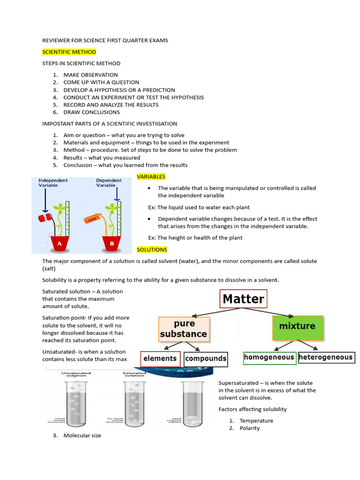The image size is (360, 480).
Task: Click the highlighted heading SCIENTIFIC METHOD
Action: (x=69, y=52)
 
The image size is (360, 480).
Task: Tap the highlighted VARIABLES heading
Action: (x=150, y=177)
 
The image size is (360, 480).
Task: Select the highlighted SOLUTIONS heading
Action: (x=151, y=249)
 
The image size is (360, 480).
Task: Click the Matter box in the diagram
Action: (x=243, y=299)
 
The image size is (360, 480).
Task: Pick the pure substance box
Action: (x=183, y=330)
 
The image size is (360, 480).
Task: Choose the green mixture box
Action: (x=297, y=326)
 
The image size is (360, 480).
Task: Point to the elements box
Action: (x=160, y=359)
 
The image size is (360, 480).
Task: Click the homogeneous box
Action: (x=269, y=358)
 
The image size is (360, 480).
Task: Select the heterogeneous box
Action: (x=326, y=358)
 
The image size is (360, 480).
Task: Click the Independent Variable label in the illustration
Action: (x=53, y=183)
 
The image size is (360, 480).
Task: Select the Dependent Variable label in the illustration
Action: (x=109, y=183)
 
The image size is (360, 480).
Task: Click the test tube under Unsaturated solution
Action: (x=75, y=403)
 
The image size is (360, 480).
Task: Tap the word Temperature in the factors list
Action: (x=256, y=420)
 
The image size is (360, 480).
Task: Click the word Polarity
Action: (x=249, y=428)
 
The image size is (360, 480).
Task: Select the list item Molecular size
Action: (x=82, y=435)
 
